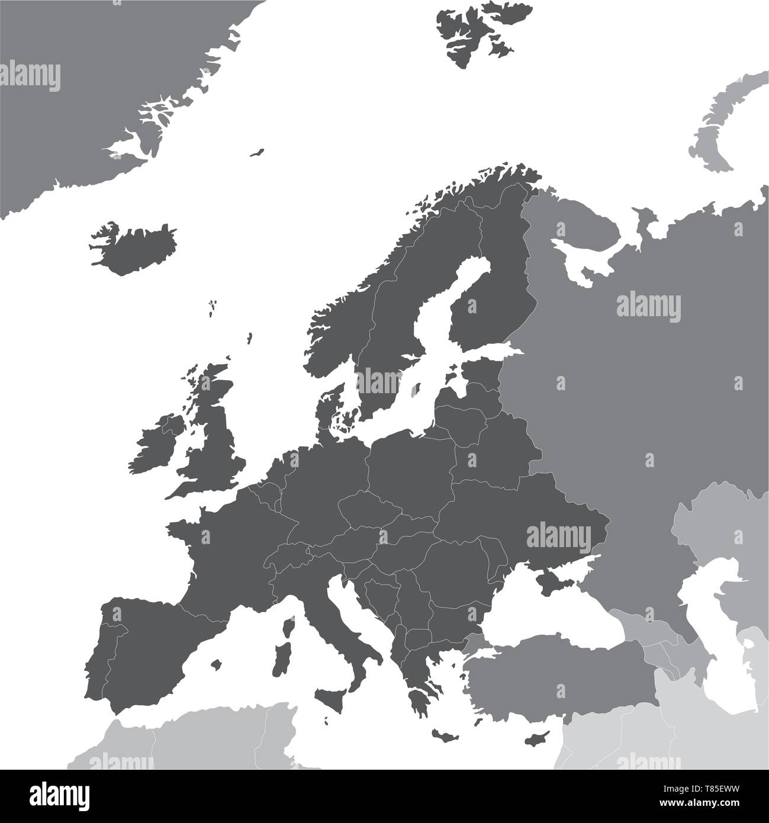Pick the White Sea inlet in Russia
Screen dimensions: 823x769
pos(586,261)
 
